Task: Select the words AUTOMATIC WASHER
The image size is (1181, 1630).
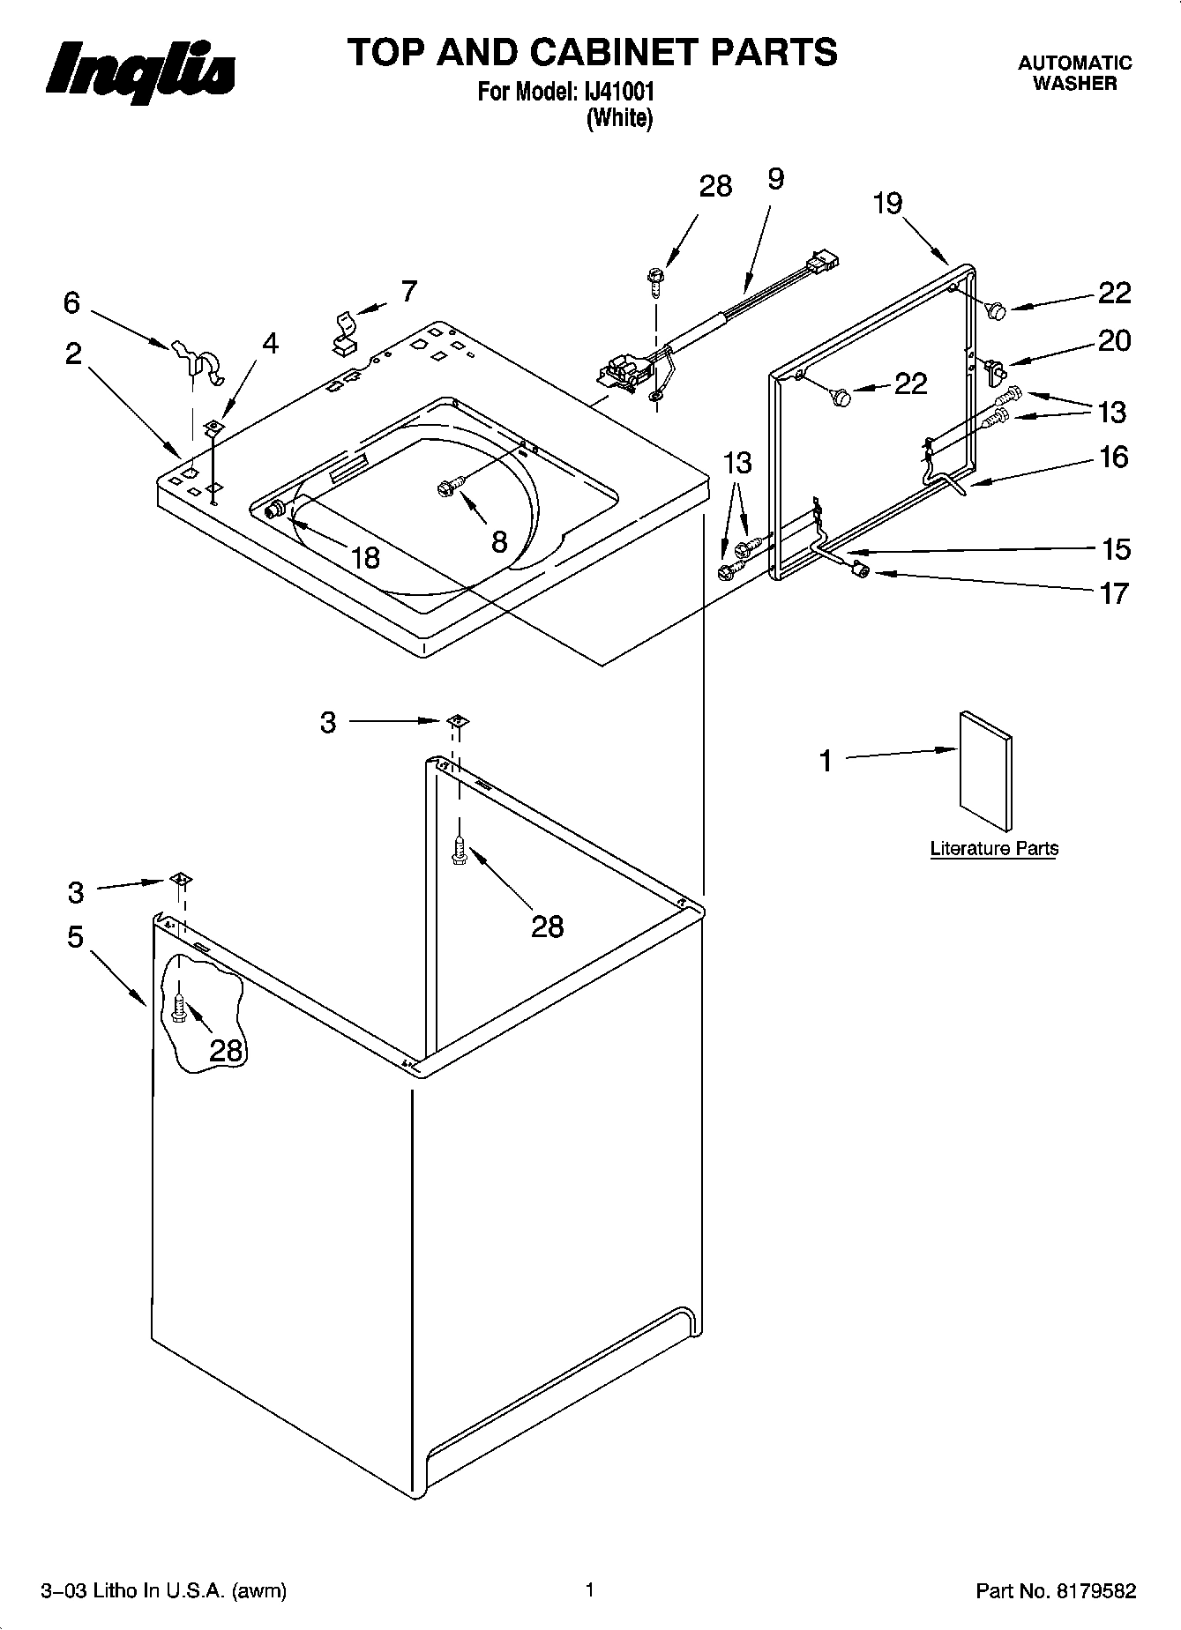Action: pyautogui.click(x=1074, y=73)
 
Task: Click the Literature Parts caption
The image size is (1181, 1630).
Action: pyautogui.click(x=994, y=848)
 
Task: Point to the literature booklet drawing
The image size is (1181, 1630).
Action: pyautogui.click(x=985, y=770)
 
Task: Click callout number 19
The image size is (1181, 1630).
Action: pyautogui.click(x=888, y=204)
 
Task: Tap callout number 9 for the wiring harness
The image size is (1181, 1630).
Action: pyautogui.click(x=774, y=179)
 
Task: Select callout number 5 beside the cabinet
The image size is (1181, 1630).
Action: pyautogui.click(x=76, y=936)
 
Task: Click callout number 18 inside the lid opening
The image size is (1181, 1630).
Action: pyautogui.click(x=364, y=557)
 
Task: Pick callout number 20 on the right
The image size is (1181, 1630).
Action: pyautogui.click(x=1114, y=341)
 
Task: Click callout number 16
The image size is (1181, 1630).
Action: pyautogui.click(x=1114, y=457)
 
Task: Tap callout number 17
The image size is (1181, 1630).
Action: pyautogui.click(x=1114, y=593)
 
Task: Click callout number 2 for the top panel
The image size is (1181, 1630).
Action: pyautogui.click(x=73, y=354)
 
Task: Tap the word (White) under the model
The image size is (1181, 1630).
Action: pyautogui.click(x=619, y=118)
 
